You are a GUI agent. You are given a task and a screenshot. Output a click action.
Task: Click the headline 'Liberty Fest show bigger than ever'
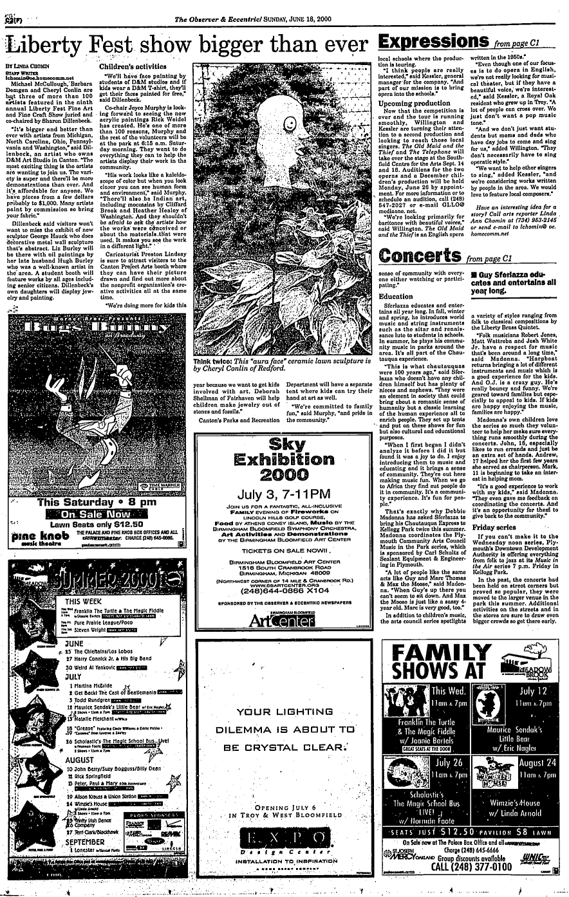pyautogui.click(x=186, y=43)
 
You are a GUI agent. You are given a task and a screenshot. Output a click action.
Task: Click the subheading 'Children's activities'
pyautogui.click(x=128, y=66)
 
